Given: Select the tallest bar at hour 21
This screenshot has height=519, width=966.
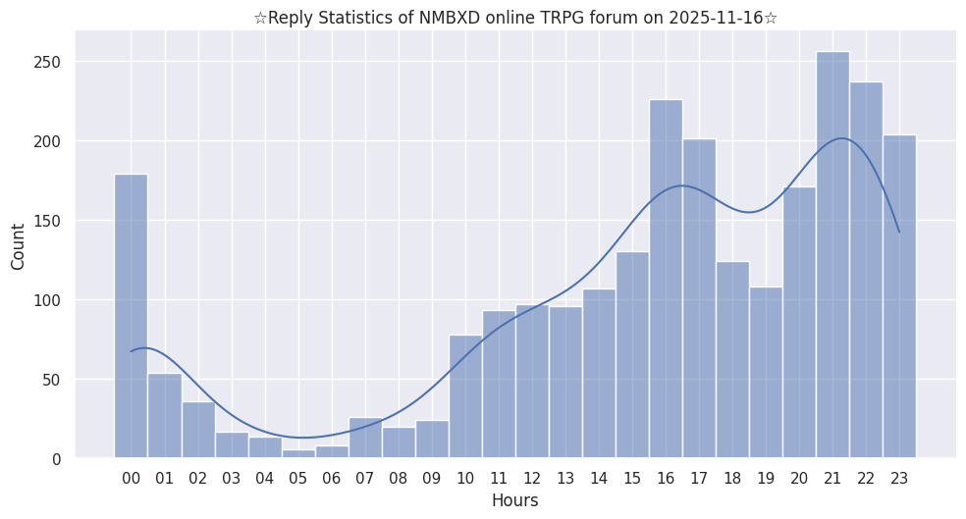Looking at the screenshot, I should point(832,255).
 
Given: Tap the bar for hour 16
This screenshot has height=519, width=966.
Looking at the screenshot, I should point(666,279).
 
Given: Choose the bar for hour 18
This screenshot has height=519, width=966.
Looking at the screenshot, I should point(732,359).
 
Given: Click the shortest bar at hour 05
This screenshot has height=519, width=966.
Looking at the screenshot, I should point(298,453).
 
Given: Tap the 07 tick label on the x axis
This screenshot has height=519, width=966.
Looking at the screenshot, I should point(365,479).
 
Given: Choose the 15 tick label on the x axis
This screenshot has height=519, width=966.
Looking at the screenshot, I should point(632,479).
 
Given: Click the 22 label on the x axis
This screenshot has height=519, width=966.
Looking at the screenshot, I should point(866,479).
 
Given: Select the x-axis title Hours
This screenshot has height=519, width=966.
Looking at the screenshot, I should point(514,501).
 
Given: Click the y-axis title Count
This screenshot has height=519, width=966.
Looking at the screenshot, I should point(19,245).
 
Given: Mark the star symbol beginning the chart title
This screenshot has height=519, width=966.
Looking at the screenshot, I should point(260,18).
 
